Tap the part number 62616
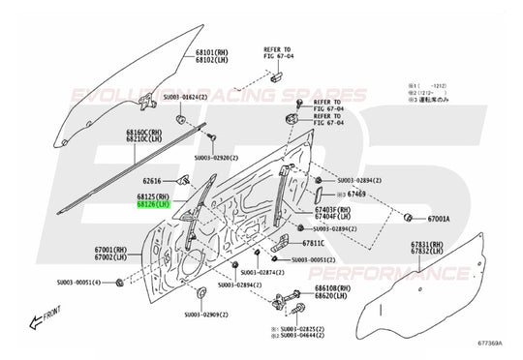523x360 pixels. coord(152,180)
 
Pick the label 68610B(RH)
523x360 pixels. coord(334,288)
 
